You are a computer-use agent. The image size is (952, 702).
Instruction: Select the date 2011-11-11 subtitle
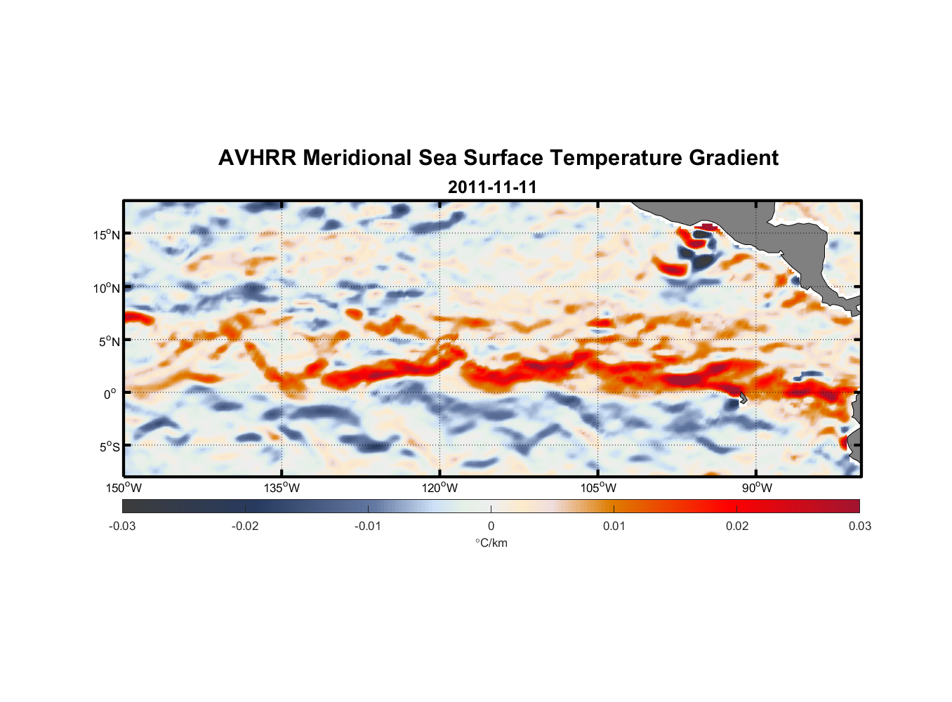coord(492,187)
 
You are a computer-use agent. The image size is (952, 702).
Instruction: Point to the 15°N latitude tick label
coord(107,234)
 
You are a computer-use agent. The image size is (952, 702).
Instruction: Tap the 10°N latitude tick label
coord(107,288)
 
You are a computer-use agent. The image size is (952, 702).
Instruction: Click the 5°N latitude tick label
coord(109,341)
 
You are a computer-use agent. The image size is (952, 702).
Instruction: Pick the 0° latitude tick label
coord(111,394)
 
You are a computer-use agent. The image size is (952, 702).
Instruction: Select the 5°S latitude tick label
coord(109,447)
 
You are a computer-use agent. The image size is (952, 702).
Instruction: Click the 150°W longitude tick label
coord(124,488)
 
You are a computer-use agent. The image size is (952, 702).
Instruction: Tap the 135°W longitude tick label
coord(282,488)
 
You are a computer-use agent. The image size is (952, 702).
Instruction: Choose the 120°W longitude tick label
coord(440,488)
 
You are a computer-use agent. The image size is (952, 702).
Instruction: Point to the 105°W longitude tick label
coord(598,488)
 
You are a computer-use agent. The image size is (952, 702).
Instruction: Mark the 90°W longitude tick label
coord(756,488)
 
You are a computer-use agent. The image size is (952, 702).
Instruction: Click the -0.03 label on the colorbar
coord(122,526)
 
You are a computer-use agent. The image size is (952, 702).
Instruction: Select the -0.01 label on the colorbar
coord(368,526)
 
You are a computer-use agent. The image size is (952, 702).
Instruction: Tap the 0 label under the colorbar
coord(491,526)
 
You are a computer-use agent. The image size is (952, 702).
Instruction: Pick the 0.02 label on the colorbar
coord(737,526)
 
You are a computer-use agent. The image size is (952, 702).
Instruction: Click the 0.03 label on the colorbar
coord(859,526)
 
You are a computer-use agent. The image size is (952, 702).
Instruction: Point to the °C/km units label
coord(491,543)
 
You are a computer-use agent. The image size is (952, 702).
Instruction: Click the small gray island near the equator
coord(743,397)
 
